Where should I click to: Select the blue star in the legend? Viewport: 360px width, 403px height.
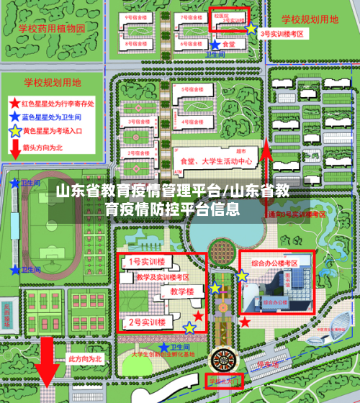tap(15, 119)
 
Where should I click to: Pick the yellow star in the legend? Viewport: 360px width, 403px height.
tap(15, 132)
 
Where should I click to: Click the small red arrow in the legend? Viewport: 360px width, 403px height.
tap(15, 149)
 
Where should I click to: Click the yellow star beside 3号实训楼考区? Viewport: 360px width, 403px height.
tap(251, 30)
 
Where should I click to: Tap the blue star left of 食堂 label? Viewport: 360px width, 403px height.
tap(215, 45)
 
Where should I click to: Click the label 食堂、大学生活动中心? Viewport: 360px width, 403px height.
tap(216, 162)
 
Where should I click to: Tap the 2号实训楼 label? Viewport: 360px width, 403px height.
tap(147, 321)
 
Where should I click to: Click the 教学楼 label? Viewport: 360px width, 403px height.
tap(181, 291)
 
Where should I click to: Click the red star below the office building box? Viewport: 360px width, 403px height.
tap(245, 321)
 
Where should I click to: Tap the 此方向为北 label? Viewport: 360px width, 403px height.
tap(86, 358)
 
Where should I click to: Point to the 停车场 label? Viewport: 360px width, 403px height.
tap(267, 363)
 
